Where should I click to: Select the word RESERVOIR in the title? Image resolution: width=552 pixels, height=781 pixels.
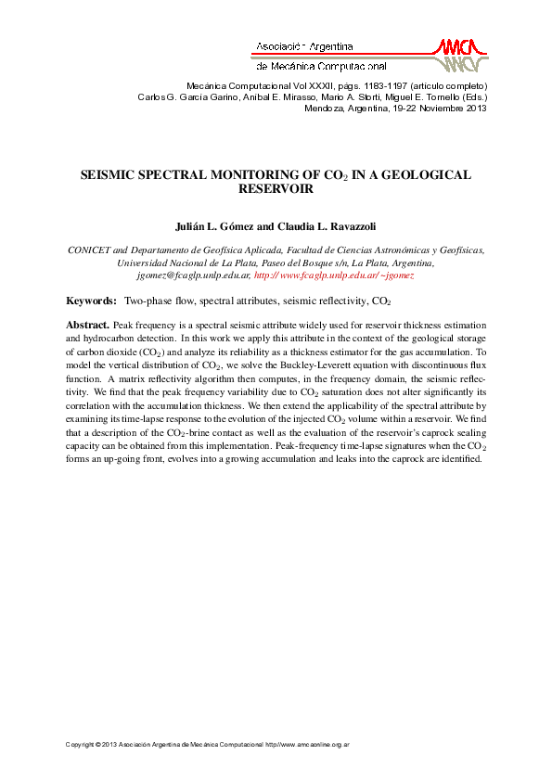coord(276,188)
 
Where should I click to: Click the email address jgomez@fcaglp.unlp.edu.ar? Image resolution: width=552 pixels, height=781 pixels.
coord(193,275)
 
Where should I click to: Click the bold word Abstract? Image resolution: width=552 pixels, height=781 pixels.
coord(87,326)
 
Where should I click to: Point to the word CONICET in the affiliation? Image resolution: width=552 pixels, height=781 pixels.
coord(89,250)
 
